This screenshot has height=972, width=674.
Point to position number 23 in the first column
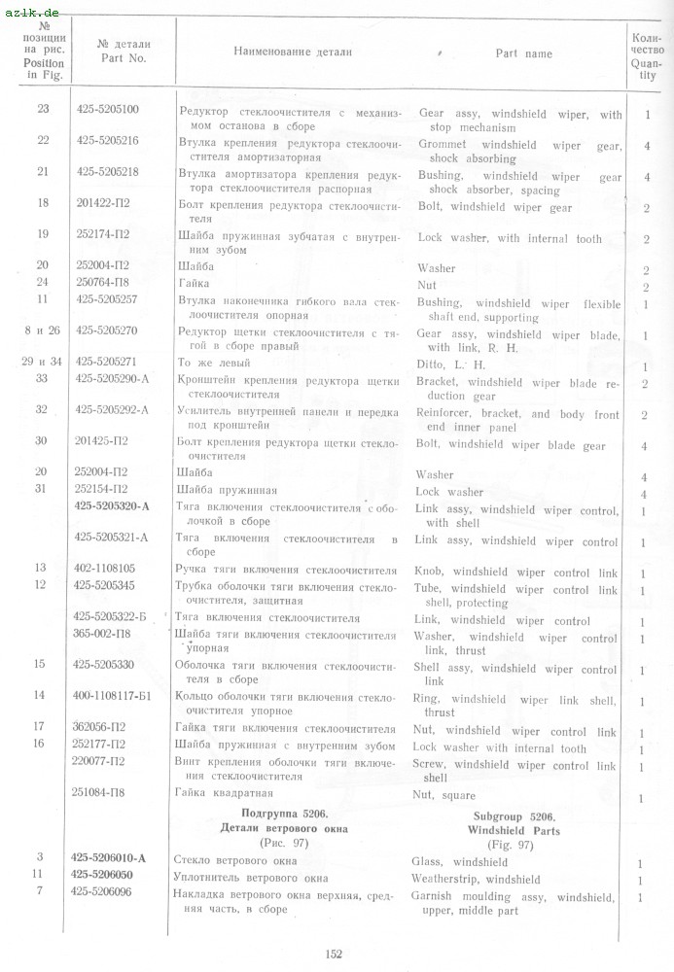(x=43, y=109)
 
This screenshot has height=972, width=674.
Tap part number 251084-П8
(x=104, y=793)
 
